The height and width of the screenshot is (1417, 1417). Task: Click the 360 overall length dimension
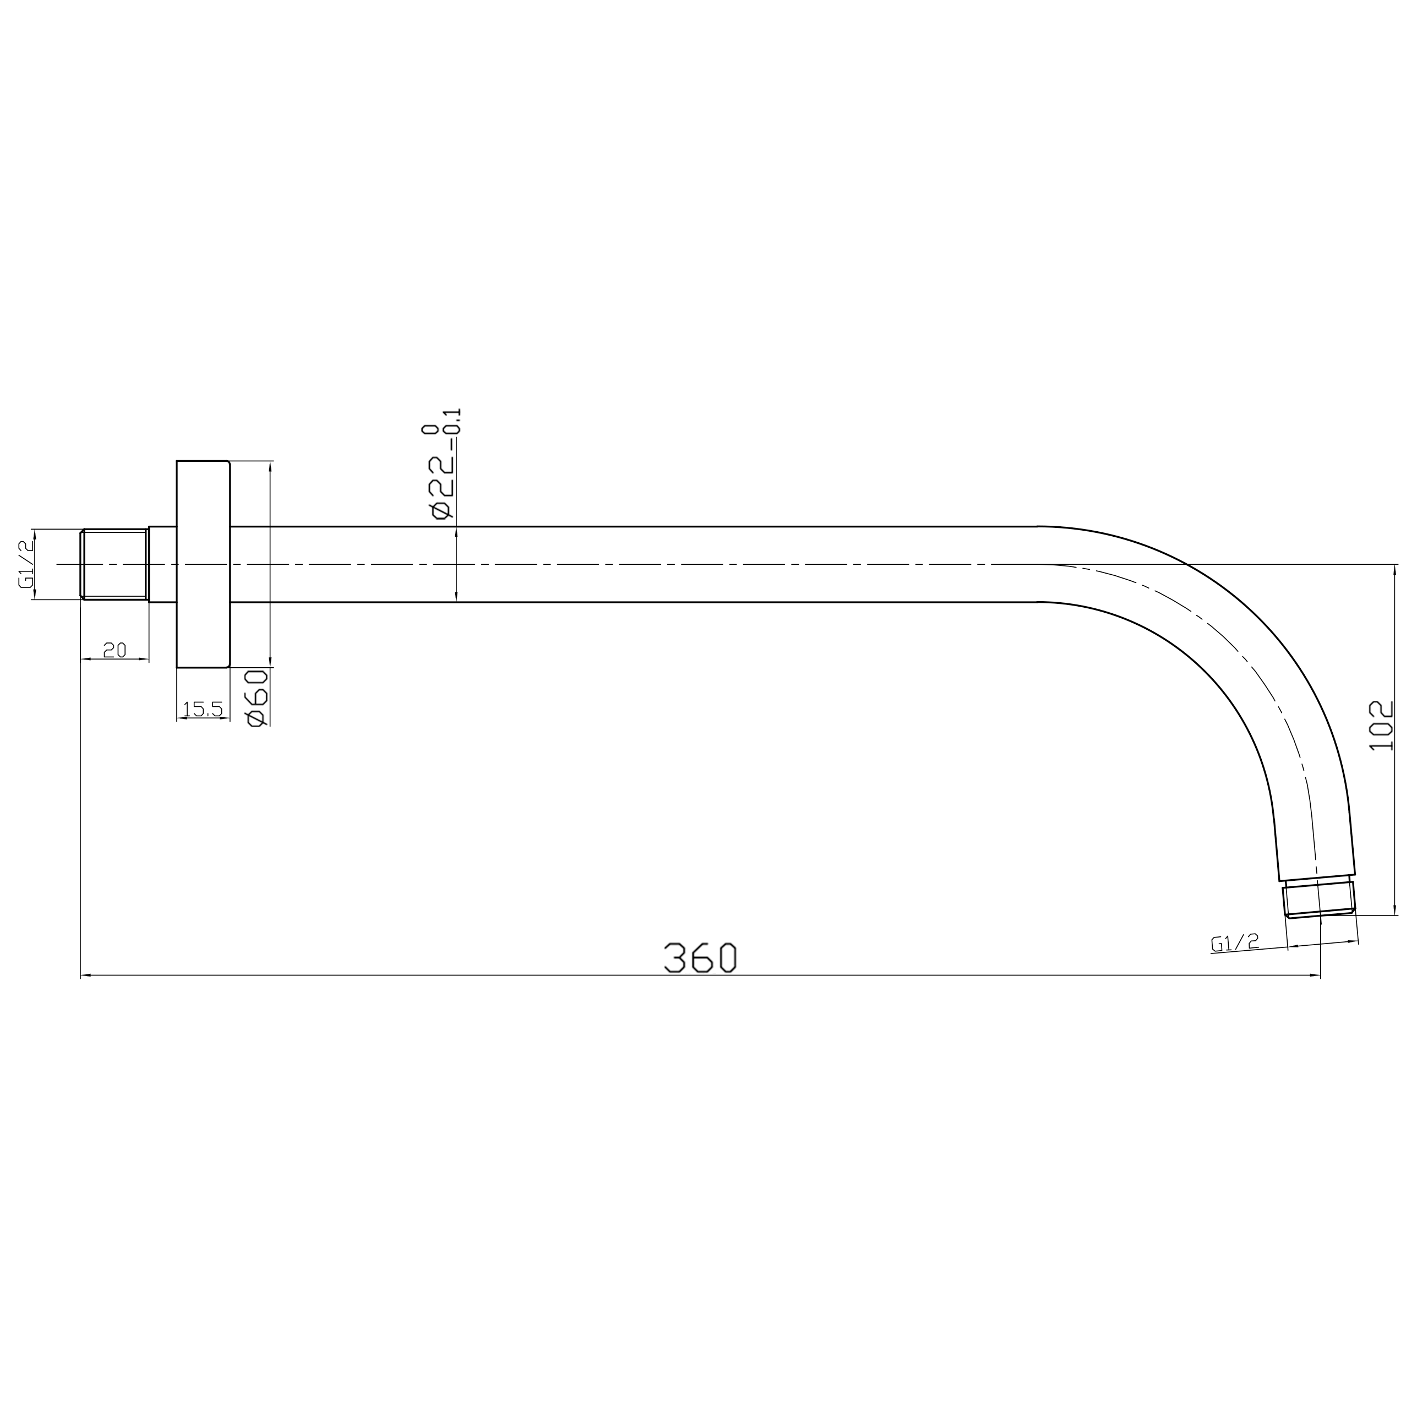point(700,958)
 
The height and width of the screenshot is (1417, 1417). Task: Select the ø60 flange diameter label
point(258,698)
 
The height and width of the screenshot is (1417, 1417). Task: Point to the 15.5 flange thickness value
point(203,709)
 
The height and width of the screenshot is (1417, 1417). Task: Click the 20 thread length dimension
point(115,650)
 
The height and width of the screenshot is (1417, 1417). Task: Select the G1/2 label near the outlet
point(1235,942)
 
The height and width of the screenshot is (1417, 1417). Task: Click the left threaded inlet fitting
point(115,565)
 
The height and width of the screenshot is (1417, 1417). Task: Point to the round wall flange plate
point(203,564)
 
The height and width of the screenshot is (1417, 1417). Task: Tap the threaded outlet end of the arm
point(1318,900)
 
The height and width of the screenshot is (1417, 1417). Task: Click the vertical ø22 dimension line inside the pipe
point(456,565)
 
